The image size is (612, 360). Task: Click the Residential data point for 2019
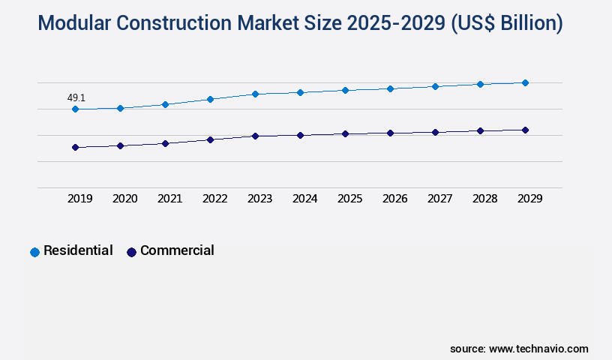pyautogui.click(x=75, y=109)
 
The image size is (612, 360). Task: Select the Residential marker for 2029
pyautogui.click(x=525, y=82)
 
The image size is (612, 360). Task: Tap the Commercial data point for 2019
pyautogui.click(x=75, y=147)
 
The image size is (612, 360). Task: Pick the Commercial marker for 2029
pyautogui.click(x=525, y=130)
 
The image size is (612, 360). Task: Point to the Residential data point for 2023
pyautogui.click(x=255, y=94)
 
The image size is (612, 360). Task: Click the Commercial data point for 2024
pyautogui.click(x=300, y=135)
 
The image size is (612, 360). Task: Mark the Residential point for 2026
pyautogui.click(x=390, y=88)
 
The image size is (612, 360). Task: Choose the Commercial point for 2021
pyautogui.click(x=165, y=142)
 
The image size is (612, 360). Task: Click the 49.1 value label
pyautogui.click(x=76, y=97)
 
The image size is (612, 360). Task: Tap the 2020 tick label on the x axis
pyautogui.click(x=124, y=199)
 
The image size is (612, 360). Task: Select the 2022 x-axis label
pyautogui.click(x=214, y=199)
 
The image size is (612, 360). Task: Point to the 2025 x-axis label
pyautogui.click(x=349, y=199)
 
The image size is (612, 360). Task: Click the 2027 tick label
pyautogui.click(x=439, y=199)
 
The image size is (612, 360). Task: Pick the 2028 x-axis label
pyautogui.click(x=484, y=199)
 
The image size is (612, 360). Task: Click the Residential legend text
pyautogui.click(x=78, y=250)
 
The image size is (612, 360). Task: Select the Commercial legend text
pyautogui.click(x=177, y=250)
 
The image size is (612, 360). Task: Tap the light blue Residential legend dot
pyautogui.click(x=34, y=252)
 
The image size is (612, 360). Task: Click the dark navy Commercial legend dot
pyautogui.click(x=131, y=252)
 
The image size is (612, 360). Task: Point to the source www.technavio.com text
pyautogui.click(x=519, y=349)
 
